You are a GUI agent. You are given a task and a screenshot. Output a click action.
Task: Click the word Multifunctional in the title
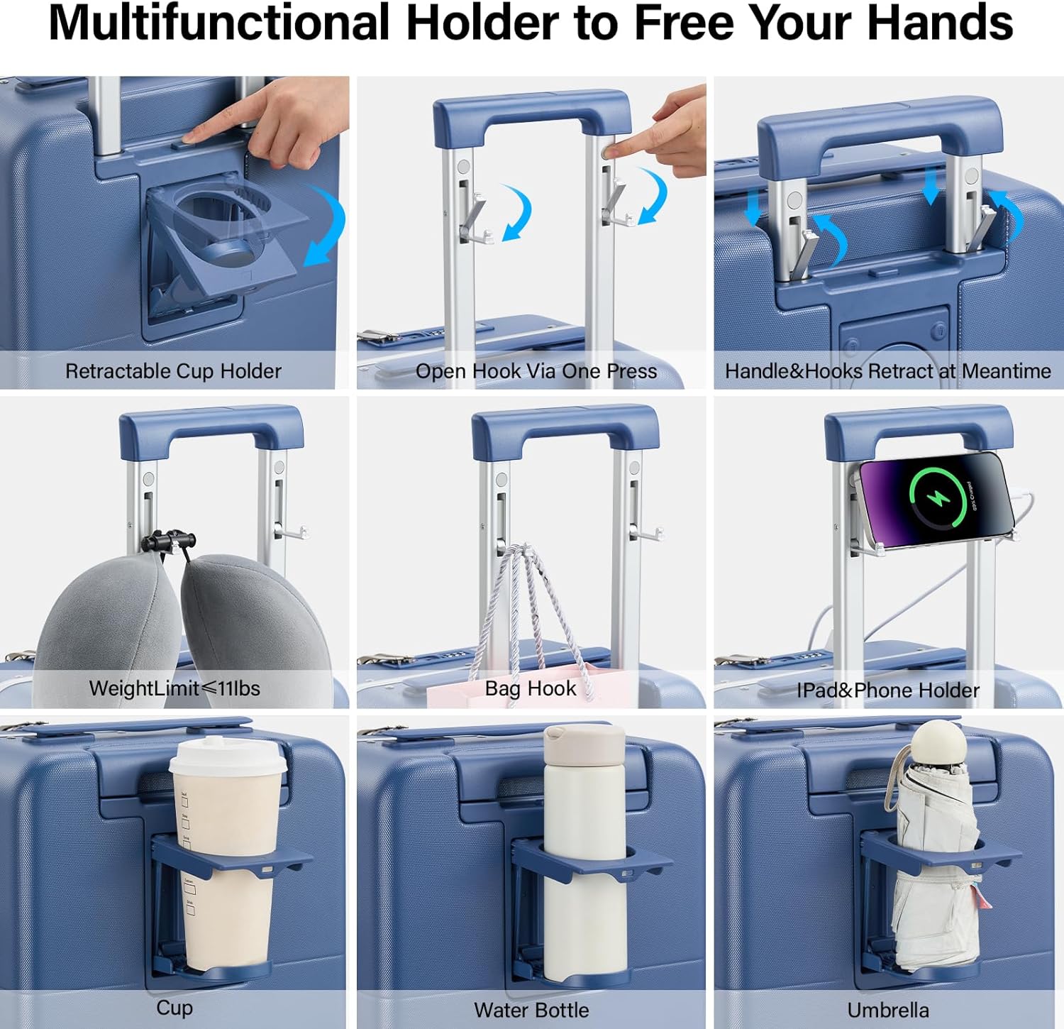pos(219,23)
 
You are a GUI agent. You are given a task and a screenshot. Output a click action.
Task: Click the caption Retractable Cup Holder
pos(173,371)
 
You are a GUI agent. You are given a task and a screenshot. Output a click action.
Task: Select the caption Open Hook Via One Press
pos(536,371)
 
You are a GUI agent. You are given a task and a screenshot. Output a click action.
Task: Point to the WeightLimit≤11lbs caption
pos(174,688)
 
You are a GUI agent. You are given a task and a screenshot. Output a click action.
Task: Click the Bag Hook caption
pos(531,688)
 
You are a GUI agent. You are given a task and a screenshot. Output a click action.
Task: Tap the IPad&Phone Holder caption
pos(888,690)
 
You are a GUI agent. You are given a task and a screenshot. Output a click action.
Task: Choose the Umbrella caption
pos(888,1010)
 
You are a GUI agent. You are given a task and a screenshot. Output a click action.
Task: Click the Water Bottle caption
pos(531,1010)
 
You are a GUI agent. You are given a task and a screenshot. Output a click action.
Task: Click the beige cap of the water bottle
pos(584,744)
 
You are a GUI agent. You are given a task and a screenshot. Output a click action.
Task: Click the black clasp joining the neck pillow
pos(168,543)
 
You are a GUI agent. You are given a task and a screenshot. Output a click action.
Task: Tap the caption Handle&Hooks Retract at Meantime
pos(888,371)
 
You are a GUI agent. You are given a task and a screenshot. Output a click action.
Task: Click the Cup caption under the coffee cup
pos(174,1008)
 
